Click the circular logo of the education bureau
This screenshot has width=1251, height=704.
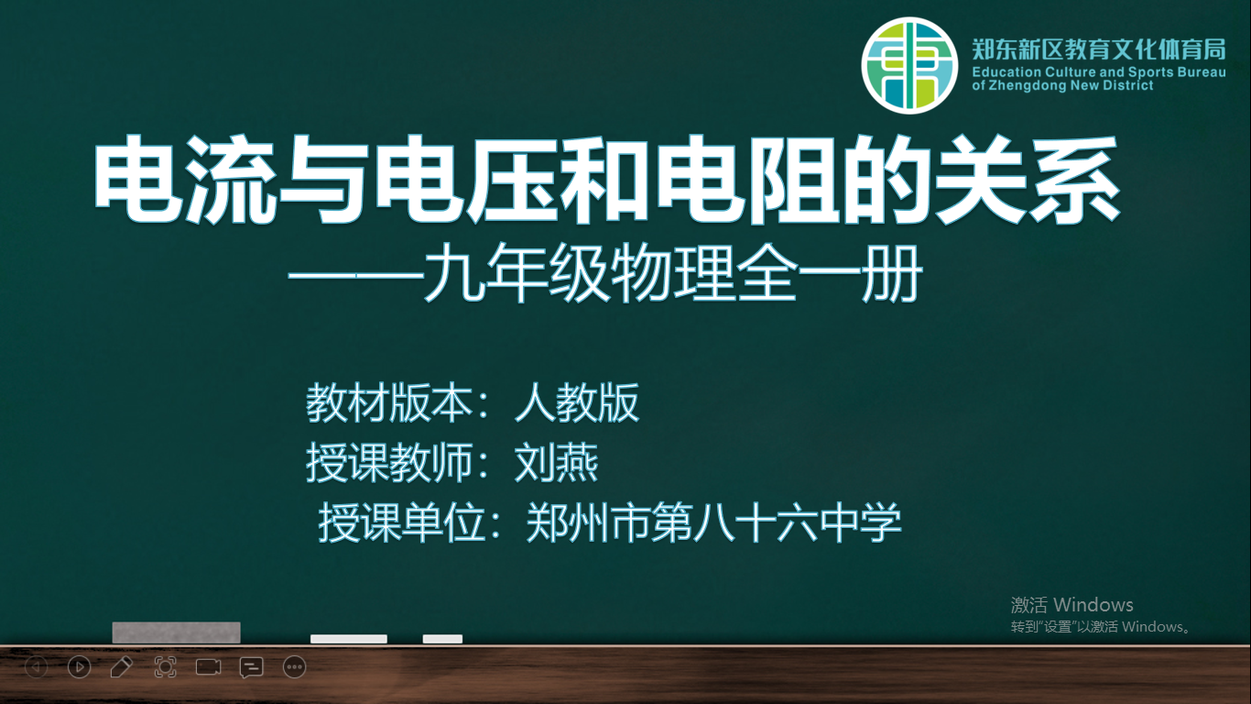(x=909, y=65)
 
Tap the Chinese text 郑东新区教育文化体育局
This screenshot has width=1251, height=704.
(x=1099, y=49)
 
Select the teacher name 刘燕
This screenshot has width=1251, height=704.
(x=556, y=462)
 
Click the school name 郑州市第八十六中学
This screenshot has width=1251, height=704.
(x=713, y=522)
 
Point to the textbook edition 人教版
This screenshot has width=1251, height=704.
(x=577, y=402)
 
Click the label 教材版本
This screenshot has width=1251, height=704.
(x=389, y=402)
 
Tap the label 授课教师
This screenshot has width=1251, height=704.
(x=389, y=462)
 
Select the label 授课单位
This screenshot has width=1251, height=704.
(x=401, y=522)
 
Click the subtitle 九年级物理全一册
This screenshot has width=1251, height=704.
(x=672, y=273)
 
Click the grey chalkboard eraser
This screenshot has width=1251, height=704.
(x=177, y=632)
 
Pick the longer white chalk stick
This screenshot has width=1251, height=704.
(x=349, y=639)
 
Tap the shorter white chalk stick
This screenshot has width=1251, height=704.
(x=442, y=639)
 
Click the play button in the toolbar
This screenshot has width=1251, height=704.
(x=80, y=667)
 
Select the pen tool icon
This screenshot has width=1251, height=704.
(x=122, y=667)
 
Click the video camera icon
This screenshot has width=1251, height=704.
(x=208, y=667)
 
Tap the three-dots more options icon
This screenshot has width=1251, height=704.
(x=294, y=667)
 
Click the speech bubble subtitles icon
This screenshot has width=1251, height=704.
(x=251, y=667)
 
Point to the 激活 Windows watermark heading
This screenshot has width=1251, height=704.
(x=1072, y=604)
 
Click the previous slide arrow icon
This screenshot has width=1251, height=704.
(x=37, y=667)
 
